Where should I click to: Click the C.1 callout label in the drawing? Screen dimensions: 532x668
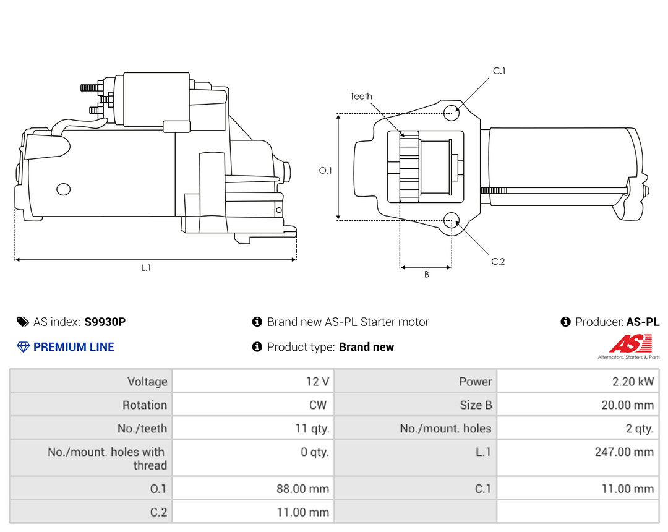(x=499, y=71)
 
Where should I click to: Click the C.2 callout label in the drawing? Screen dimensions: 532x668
(x=498, y=261)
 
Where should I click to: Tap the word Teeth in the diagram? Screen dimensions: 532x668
(x=361, y=96)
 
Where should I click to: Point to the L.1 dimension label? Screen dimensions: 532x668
(x=146, y=268)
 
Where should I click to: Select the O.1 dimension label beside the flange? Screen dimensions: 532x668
(x=325, y=170)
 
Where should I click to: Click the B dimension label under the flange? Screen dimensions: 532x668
(x=426, y=275)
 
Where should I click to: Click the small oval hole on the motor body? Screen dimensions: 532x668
(x=64, y=189)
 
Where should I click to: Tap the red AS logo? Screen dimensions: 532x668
(x=630, y=344)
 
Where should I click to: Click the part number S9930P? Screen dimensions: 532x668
(x=105, y=322)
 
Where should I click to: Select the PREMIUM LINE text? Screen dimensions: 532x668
(x=74, y=347)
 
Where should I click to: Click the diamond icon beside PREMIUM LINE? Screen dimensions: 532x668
(x=23, y=347)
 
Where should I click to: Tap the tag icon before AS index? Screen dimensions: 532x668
(x=22, y=322)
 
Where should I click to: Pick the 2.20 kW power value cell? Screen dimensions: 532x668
(x=633, y=382)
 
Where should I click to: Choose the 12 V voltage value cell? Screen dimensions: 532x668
(x=317, y=382)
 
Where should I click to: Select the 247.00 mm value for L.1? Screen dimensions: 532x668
(x=624, y=452)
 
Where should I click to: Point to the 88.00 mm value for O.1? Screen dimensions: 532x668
(x=302, y=489)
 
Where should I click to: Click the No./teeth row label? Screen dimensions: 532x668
(x=142, y=428)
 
